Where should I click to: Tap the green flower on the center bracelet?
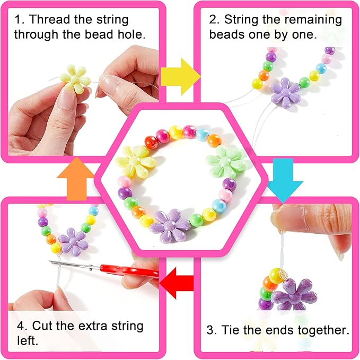[x=225, y=161]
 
